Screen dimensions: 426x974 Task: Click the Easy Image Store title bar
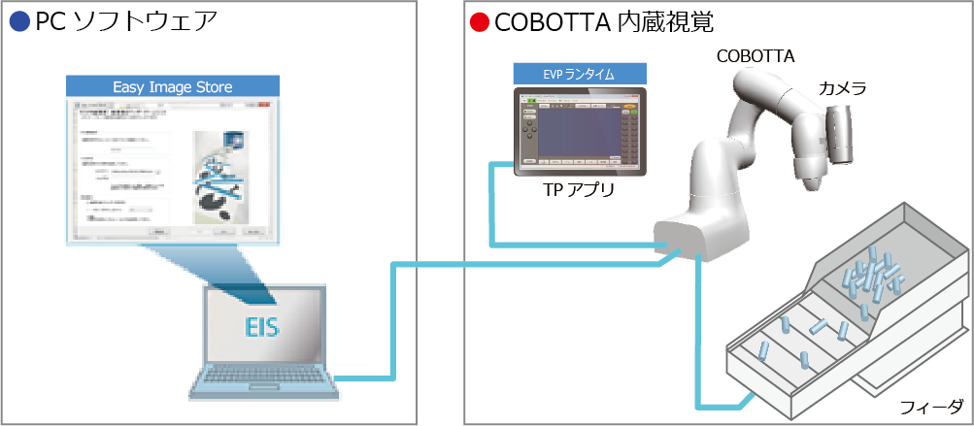point(173,86)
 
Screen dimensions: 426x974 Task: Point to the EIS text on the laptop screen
point(262,327)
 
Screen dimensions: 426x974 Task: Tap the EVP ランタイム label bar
point(580,74)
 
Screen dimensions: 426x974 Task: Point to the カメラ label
point(842,88)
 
